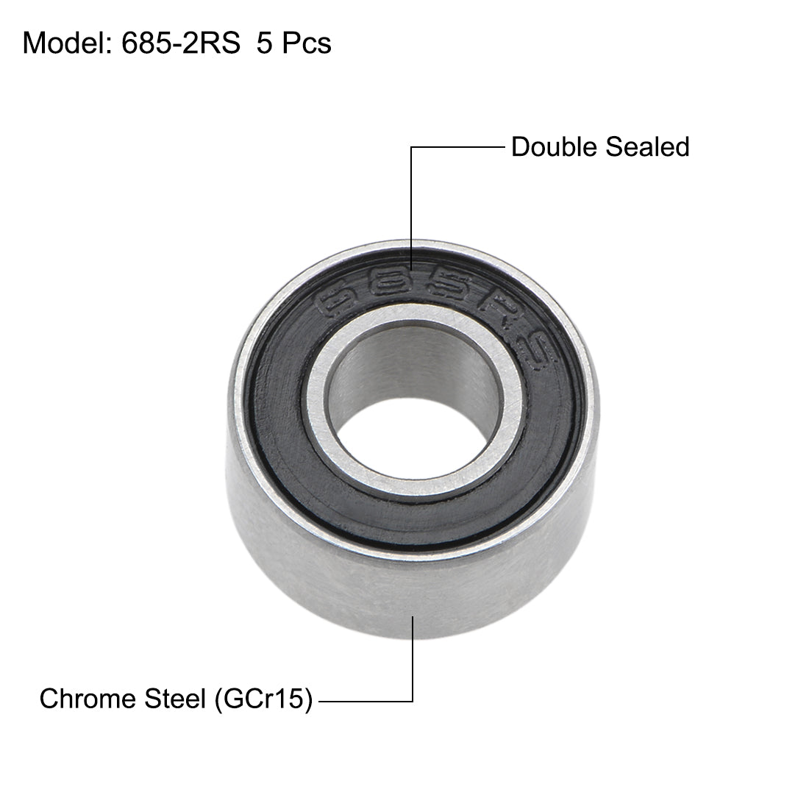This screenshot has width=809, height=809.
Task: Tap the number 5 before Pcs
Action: [x=263, y=43]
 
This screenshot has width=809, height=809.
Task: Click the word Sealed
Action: [x=646, y=147]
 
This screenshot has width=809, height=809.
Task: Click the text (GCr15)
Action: [x=262, y=699]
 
